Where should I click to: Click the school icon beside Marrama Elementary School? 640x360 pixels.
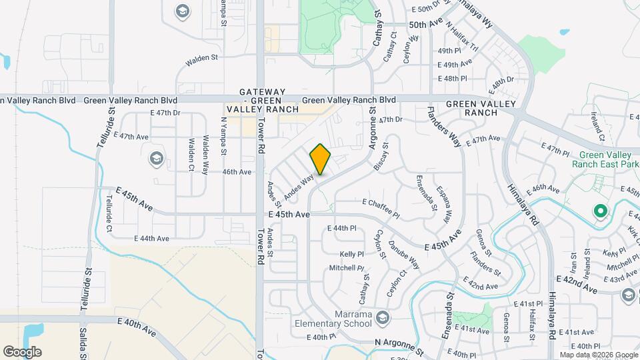pos(382,317)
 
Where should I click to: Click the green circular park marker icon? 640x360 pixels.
pos(600,212)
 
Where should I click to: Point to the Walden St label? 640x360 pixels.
pos(202,59)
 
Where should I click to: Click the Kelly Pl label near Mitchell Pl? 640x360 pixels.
pos(351,254)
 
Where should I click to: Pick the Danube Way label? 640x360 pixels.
pos(405,254)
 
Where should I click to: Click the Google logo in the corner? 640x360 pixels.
pos(22,351)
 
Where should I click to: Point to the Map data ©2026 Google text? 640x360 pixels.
pos(599,355)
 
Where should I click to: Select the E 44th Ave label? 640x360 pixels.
pos(151,238)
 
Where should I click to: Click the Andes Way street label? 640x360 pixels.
pos(299,187)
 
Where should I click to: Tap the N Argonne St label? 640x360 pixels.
pos(398,347)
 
